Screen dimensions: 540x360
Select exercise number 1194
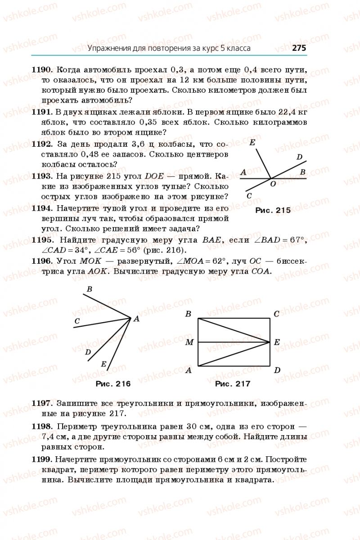43,208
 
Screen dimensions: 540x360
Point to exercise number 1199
43,460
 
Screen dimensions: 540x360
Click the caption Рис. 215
273,210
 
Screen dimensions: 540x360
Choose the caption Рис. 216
113,384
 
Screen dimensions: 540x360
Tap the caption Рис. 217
233,384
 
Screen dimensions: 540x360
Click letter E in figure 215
252,143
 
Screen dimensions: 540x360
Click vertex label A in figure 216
135,319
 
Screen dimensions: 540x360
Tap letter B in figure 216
89,289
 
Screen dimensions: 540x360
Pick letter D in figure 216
88,352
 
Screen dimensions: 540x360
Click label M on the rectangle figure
189,342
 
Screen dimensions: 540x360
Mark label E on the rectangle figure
277,342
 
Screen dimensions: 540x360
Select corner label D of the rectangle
277,370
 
